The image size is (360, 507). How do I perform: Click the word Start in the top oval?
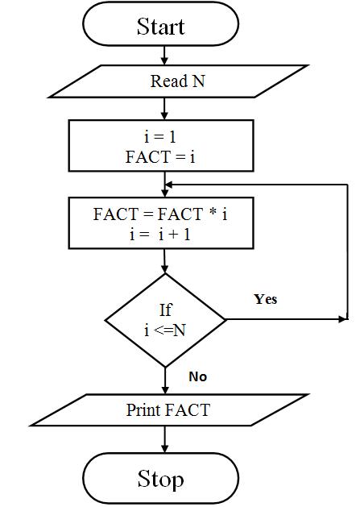pos(160,26)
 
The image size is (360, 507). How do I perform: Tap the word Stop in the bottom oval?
pos(160,480)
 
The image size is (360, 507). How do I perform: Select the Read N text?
pos(178,81)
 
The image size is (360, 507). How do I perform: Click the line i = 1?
pos(160,137)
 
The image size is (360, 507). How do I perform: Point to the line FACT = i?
pos(160,157)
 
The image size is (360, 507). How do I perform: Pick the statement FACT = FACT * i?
pos(160,214)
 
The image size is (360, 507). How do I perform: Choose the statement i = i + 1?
pos(160,234)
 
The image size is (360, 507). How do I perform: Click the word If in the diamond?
pos(165,310)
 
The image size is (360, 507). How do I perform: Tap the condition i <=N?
pos(165,330)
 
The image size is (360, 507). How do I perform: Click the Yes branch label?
pos(266,299)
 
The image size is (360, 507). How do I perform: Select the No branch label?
pos(198,376)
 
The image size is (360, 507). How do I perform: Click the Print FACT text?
pos(168,410)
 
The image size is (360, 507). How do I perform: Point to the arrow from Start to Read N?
pos(164,56)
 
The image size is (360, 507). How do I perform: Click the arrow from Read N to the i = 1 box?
pos(164,109)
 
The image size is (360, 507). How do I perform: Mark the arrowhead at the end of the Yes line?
pos(342,319)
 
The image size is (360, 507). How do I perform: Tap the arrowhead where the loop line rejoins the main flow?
pos(169,185)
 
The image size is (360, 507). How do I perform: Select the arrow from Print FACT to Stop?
pos(165,439)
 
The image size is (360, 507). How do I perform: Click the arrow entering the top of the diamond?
pos(164,261)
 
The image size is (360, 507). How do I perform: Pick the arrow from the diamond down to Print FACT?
pos(165,380)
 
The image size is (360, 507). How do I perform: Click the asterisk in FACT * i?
pos(213,213)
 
